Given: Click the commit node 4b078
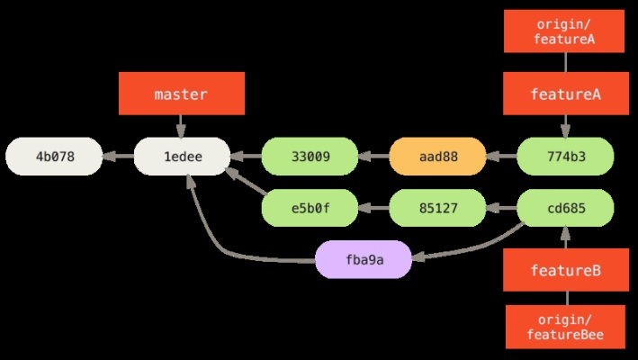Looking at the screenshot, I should [x=55, y=157].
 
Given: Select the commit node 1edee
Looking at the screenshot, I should [x=182, y=157].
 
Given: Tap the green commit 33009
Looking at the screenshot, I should [x=310, y=157].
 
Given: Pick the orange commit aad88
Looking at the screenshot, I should [x=437, y=157].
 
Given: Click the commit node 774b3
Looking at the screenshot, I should [x=565, y=157].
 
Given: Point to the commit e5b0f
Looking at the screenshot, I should [x=310, y=208].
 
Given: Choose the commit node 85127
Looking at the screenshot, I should [x=437, y=208].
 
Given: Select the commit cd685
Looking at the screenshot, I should [x=565, y=208].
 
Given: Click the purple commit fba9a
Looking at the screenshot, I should [x=363, y=259].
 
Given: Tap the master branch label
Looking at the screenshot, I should [x=182, y=94].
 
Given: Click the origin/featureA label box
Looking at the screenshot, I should [x=565, y=31].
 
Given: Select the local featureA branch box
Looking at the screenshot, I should [x=565, y=94].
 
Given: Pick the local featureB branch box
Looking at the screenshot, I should [x=565, y=270].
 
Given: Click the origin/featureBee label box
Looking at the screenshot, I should [x=565, y=327].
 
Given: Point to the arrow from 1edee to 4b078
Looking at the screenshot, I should [x=119, y=157].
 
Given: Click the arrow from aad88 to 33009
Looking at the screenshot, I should [x=373, y=157].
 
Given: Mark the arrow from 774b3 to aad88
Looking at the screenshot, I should [x=501, y=157].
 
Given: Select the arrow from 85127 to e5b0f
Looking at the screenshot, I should [x=373, y=208].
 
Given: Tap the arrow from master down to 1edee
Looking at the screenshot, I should [x=182, y=125].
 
